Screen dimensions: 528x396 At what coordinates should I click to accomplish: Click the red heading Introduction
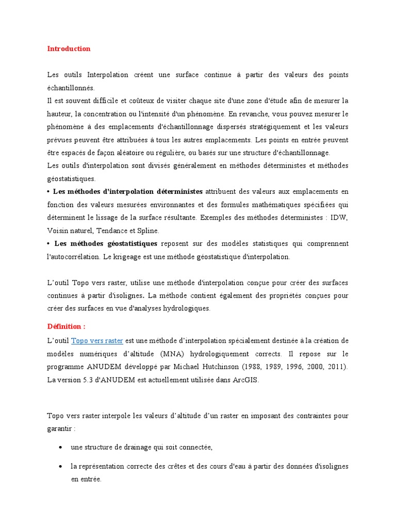(x=69, y=49)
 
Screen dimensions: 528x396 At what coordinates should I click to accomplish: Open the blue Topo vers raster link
(x=97, y=340)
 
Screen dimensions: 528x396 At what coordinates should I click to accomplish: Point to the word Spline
(x=148, y=230)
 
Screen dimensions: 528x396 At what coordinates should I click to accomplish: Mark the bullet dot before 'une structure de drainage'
(x=61, y=447)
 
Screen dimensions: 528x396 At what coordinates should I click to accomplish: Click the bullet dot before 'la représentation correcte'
(x=61, y=466)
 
